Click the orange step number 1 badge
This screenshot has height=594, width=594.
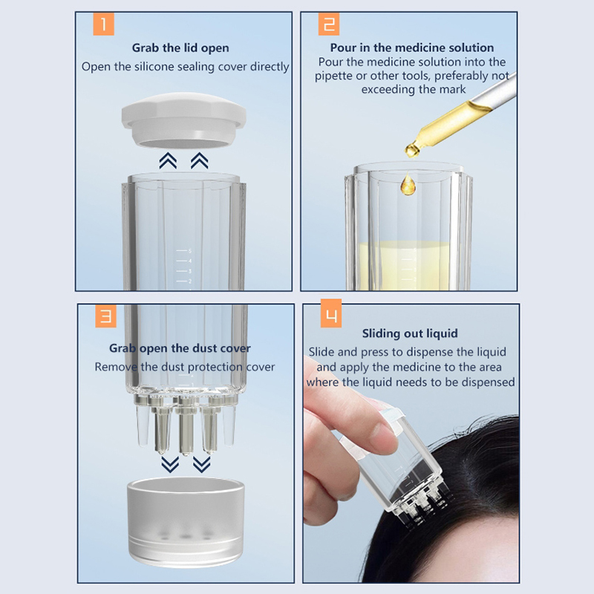coord(103,24)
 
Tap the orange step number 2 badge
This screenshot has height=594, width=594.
coord(328,24)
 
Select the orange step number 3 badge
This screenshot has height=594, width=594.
coord(105,316)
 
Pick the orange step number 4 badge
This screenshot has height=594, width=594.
coord(331,313)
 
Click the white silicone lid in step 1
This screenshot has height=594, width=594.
coord(183,120)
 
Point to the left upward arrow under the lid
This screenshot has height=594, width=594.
coord(168,160)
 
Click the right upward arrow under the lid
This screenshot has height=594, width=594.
coord(199,160)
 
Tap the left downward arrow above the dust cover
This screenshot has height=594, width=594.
coord(170,465)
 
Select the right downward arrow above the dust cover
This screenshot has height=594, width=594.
coord(201,465)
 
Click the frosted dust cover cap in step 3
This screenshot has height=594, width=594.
coord(186,522)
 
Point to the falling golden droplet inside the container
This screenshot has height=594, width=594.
coord(408,184)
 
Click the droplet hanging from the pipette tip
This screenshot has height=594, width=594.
coord(412,150)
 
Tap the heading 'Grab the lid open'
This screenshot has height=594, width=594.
coord(180,48)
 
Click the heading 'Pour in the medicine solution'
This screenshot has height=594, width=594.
coord(412,48)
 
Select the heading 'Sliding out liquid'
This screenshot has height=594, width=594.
coord(410,333)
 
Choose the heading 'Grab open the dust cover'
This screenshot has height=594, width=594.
coord(180,348)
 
